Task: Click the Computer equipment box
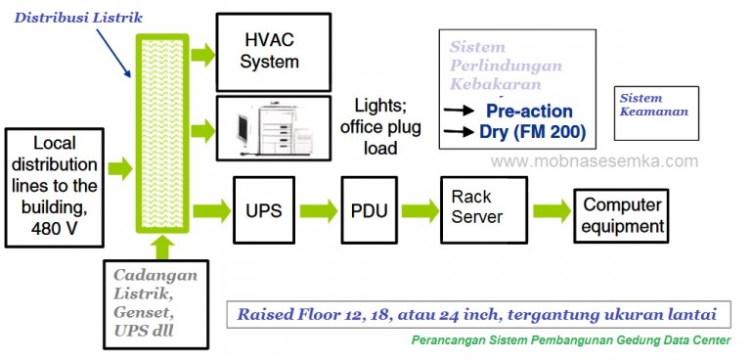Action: tap(622, 216)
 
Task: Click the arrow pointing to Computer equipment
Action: tap(551, 210)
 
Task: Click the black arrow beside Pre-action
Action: tap(460, 112)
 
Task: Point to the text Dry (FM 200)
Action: tap(532, 131)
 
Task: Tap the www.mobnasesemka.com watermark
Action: tap(594, 161)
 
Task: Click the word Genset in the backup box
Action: tap(141, 312)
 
